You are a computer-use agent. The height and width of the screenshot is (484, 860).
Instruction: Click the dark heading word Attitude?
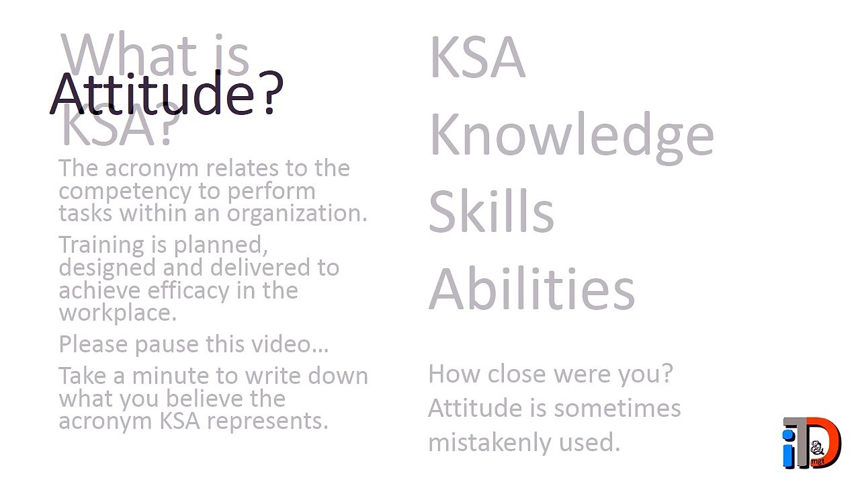pos(167,93)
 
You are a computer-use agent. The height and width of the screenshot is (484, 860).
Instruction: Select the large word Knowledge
pos(571,134)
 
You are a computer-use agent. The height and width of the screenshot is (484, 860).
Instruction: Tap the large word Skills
pos(491,210)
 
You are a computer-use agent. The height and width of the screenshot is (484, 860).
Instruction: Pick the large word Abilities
pos(531,289)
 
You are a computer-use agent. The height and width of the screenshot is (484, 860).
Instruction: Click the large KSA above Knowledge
pos(477,58)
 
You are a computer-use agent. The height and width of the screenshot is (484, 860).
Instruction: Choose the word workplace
pos(118,313)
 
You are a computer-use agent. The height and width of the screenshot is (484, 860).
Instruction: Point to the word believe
pos(205,399)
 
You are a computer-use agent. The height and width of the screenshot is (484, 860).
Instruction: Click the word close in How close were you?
pos(517,374)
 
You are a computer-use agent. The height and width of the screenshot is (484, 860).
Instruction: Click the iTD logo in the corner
pos(812,443)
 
